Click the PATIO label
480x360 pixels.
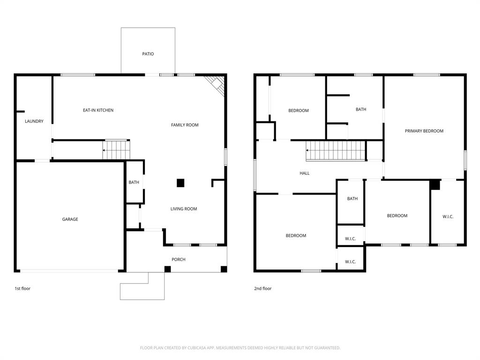point(148,54)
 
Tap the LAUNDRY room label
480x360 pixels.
point(34,121)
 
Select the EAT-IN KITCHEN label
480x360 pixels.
point(98,110)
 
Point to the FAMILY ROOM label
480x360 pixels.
point(184,125)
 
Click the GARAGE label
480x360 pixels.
point(70,219)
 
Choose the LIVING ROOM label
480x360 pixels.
point(183,209)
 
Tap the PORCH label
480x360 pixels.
point(178,260)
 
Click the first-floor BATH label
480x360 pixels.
point(134,182)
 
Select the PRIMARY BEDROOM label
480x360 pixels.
point(424,131)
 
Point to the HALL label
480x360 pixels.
point(304,173)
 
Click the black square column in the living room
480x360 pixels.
point(180,183)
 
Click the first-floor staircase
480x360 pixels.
point(115,150)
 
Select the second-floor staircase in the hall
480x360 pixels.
point(336,150)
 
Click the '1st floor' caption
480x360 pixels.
point(22,289)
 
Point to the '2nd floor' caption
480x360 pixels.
point(262,289)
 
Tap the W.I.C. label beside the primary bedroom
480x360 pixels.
point(448,217)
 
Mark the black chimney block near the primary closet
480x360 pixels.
point(435,185)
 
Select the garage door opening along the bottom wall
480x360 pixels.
point(69,270)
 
